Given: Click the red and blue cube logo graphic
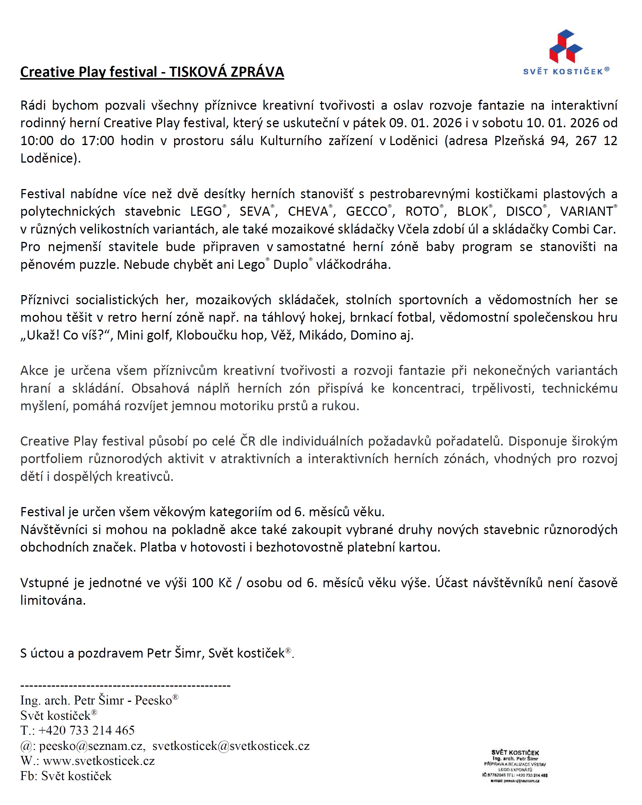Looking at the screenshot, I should tap(566, 46).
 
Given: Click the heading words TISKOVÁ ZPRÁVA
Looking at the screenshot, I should tap(227, 72).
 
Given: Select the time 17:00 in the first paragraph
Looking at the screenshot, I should tap(97, 141).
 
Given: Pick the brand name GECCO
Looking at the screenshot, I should tap(366, 211).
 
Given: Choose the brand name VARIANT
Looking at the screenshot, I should tap(586, 211).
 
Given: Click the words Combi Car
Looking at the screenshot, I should tap(583, 229).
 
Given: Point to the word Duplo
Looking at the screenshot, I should tap(290, 264).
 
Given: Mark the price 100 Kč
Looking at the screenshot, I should tap(212, 582).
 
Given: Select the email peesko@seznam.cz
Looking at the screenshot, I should tap(91, 746).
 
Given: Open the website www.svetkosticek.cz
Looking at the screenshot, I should tap(99, 760).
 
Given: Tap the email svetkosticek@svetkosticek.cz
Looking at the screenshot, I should tap(231, 746).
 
